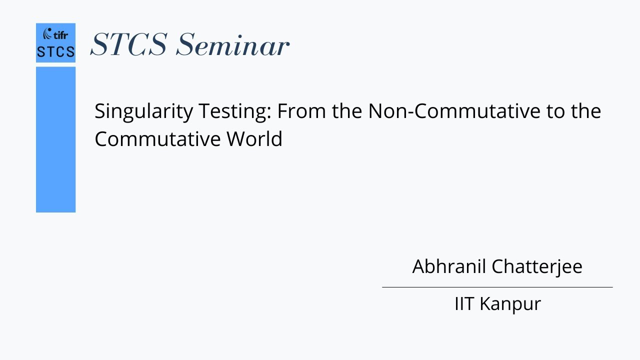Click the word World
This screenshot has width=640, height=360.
[254, 138]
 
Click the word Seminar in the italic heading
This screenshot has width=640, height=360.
[232, 44]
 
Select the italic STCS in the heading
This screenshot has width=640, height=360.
[129, 44]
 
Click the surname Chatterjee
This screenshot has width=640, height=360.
[537, 266]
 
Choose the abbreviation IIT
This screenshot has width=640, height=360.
[464, 303]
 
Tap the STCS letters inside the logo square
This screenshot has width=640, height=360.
[55, 51]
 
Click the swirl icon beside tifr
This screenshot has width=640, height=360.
[47, 34]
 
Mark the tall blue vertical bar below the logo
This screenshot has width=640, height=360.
[55, 139]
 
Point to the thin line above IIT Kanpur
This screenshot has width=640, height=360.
[497, 287]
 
